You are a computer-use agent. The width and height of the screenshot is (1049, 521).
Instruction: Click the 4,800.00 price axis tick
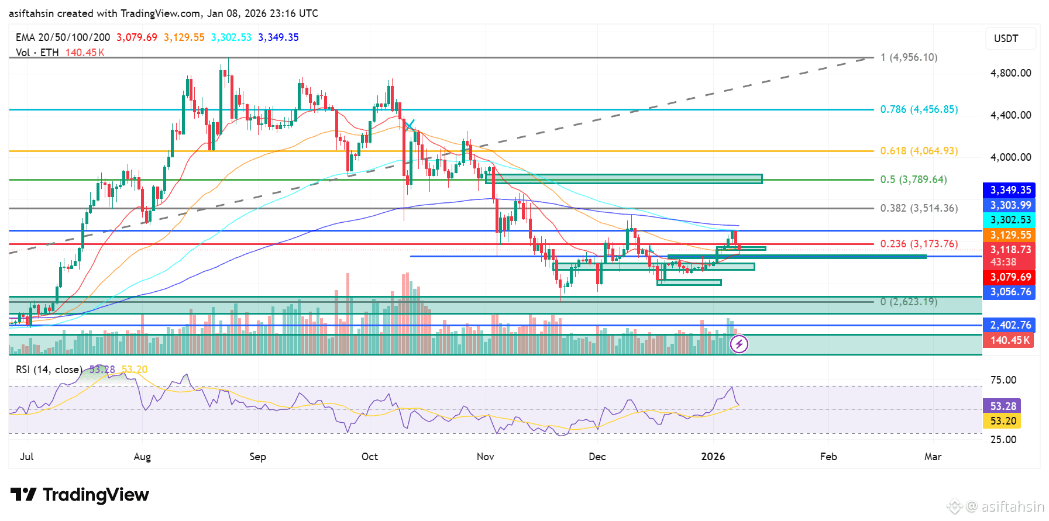[1010, 73]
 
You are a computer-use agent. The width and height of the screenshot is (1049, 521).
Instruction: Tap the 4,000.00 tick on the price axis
[1010, 157]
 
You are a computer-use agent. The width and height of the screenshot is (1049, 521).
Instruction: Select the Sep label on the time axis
[257, 457]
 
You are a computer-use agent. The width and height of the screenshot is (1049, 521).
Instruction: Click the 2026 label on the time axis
[713, 457]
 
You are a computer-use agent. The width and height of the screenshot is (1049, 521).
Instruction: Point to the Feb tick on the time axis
[828, 457]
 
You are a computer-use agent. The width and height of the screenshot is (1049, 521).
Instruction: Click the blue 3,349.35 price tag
[1010, 190]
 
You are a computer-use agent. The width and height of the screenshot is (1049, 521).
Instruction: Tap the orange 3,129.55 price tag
[1010, 235]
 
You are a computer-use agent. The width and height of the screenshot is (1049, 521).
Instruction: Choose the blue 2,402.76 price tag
[1010, 325]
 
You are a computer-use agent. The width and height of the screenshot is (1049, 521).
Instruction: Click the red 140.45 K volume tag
[1010, 340]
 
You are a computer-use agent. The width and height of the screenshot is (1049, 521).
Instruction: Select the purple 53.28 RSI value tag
[1003, 406]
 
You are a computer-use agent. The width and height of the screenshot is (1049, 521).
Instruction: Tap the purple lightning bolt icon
[739, 344]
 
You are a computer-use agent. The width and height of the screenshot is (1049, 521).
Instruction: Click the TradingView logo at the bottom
[80, 495]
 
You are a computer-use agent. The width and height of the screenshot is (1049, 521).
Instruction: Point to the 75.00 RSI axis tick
[1003, 380]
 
